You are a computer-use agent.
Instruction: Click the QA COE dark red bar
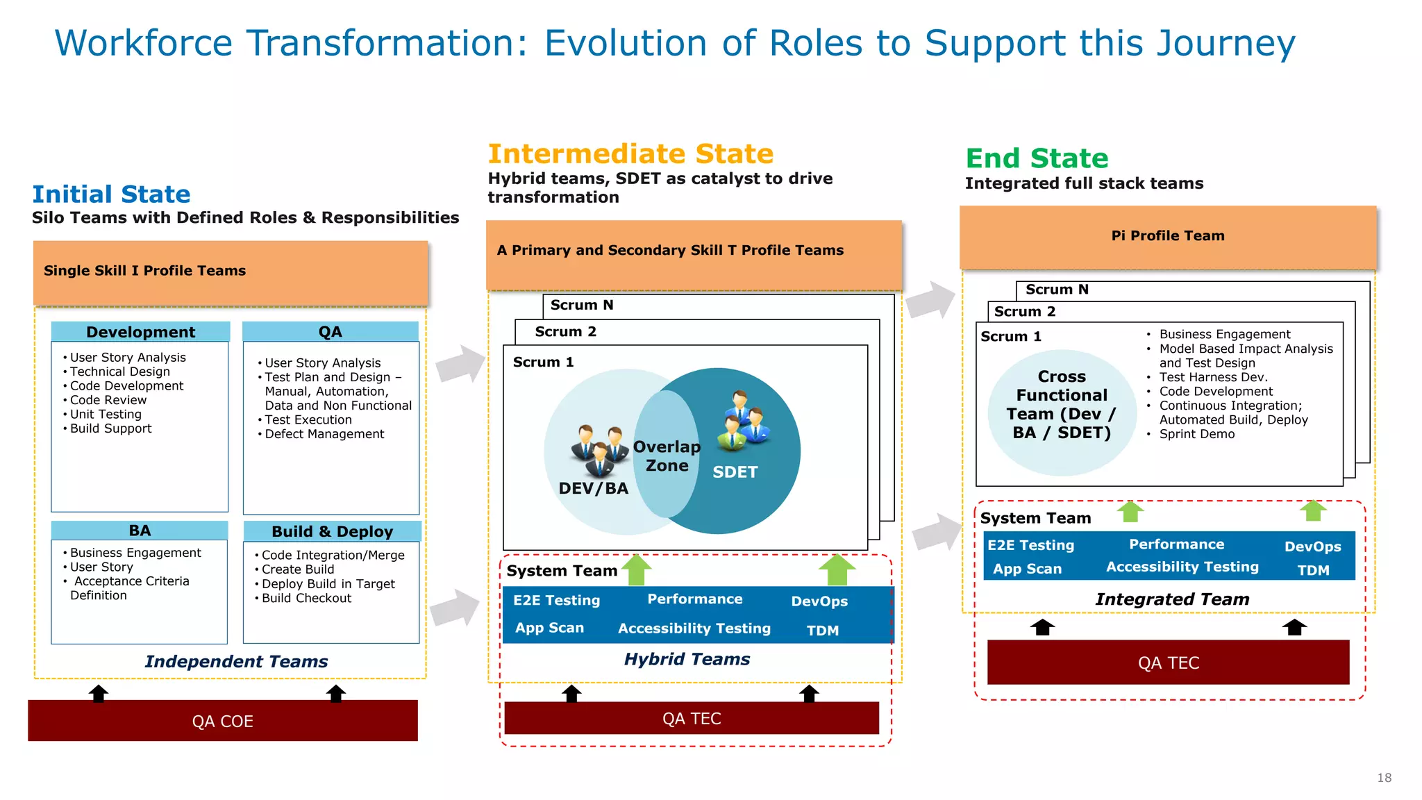(222, 721)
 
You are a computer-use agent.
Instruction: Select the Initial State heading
(111, 194)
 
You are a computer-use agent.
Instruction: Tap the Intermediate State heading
(630, 153)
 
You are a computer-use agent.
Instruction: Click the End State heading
(1037, 158)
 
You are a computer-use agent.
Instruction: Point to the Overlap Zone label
(667, 456)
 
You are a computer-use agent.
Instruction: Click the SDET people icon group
(744, 419)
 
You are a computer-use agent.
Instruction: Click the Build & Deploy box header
(332, 531)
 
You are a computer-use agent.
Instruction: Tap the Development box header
(140, 332)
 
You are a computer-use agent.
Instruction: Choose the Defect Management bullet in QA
(324, 434)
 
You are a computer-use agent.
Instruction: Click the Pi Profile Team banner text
(1167, 235)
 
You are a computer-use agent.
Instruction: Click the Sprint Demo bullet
(1196, 434)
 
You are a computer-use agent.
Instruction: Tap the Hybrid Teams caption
(687, 659)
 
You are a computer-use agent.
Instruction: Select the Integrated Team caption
(1172, 599)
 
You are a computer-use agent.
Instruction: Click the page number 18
(1384, 778)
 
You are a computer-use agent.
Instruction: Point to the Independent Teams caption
(236, 662)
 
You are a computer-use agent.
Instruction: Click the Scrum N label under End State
(1057, 290)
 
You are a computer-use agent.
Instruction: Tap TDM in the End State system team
(1313, 570)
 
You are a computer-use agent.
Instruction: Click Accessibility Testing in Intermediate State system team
(694, 628)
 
